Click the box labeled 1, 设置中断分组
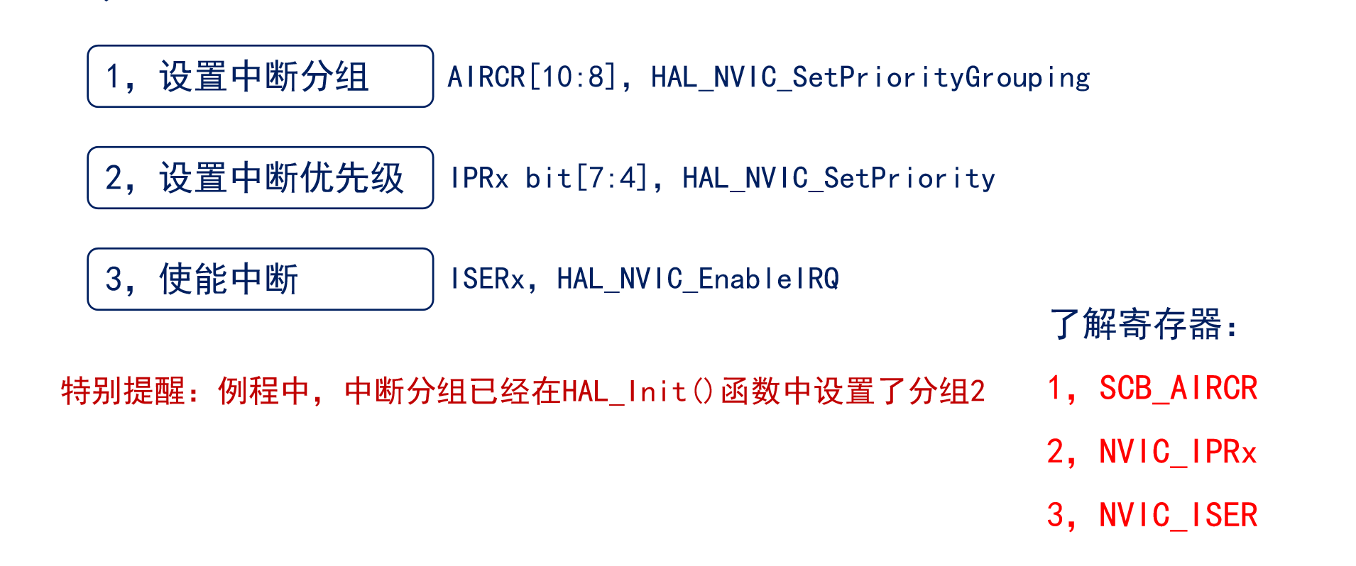pos(260,77)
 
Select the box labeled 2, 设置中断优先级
pos(260,178)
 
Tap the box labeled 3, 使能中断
pos(260,279)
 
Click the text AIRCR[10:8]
pos(531,77)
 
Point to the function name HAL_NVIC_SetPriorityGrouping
pos(870,77)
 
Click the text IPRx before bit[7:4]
pos(479,178)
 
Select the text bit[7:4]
pos(586,178)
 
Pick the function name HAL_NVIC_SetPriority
pos(838,178)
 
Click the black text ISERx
pos(488,279)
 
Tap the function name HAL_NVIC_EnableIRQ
pos(698,279)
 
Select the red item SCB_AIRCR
pos(1178,388)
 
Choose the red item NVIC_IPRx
pos(1178,452)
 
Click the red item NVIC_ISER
pos(1178,515)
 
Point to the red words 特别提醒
pos(122,391)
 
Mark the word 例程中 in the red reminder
pos(263,391)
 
